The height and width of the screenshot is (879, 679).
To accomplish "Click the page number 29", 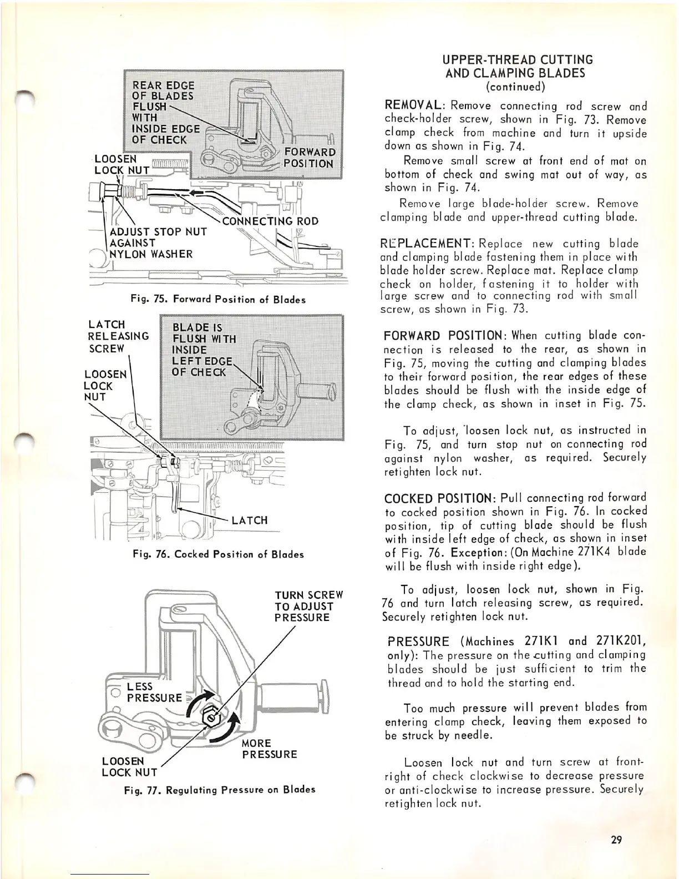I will coord(616,840).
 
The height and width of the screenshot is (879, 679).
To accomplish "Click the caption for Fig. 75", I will coord(218,300).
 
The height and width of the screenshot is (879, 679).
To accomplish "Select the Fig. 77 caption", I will coord(220,789).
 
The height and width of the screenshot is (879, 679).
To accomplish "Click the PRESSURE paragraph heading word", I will coord(418,642).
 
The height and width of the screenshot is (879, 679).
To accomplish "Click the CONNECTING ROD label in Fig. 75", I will coord(270,221).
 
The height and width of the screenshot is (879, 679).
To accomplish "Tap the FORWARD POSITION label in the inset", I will coord(308,158).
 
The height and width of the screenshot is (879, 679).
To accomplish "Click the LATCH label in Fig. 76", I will coord(249,520).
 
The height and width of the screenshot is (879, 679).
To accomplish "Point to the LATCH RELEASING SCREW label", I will coord(118,336).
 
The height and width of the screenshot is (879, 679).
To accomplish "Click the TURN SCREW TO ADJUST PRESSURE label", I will coord(308,607).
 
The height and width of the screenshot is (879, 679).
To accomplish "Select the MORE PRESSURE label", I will coord(269,749).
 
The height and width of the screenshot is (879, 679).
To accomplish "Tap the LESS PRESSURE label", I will coord(153,692).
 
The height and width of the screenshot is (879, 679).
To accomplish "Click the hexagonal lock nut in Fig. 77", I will coord(211,718).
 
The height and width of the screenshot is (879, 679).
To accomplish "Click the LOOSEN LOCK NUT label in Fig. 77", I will coord(129,766).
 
